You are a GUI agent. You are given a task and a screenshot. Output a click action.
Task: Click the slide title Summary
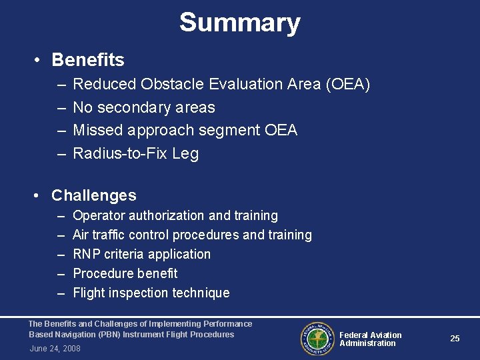pos(239,23)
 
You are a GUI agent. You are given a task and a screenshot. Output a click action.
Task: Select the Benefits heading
pos(87,60)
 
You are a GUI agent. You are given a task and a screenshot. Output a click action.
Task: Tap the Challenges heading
pos(93,195)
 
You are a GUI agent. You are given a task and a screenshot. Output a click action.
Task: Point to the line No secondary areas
pos(143,107)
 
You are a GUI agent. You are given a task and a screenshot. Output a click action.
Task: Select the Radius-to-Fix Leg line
pos(135,153)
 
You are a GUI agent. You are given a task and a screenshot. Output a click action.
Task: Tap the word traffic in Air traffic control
pos(111,235)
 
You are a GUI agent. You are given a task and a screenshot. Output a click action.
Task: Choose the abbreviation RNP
pos(86,254)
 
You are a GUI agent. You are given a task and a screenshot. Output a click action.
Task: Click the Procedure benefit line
pos(125,273)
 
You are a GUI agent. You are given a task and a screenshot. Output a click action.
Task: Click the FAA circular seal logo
pos(317,339)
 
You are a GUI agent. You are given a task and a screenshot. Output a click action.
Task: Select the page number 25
pos(455,339)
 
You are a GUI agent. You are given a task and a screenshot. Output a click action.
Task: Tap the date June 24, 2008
pos(55,349)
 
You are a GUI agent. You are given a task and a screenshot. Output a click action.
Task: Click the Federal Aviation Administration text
pos(370,339)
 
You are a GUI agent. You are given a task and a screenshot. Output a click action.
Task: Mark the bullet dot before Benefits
pos(39,61)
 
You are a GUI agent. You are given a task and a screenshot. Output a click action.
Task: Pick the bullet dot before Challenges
pos(39,196)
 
